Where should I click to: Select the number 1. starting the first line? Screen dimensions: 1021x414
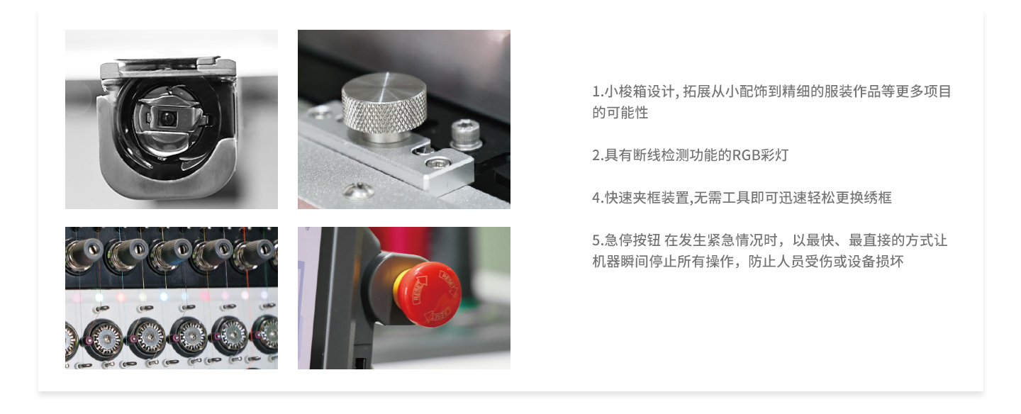[x=598, y=92]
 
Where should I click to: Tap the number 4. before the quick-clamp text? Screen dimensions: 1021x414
[x=598, y=198]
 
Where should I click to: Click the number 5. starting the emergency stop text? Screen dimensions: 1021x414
[x=598, y=240]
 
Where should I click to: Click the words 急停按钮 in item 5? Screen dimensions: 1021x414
[x=632, y=240]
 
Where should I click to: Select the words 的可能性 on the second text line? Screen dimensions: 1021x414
[x=620, y=113]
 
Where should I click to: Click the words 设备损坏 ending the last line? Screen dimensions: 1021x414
[x=875, y=262]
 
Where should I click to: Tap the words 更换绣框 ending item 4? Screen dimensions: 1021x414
[x=864, y=198]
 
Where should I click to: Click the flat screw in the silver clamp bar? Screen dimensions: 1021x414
[x=437, y=162]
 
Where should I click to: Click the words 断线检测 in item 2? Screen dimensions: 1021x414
[x=661, y=155]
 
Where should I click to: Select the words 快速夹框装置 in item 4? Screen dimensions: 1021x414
[x=647, y=198]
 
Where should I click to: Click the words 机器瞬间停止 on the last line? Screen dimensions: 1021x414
[x=635, y=262]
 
